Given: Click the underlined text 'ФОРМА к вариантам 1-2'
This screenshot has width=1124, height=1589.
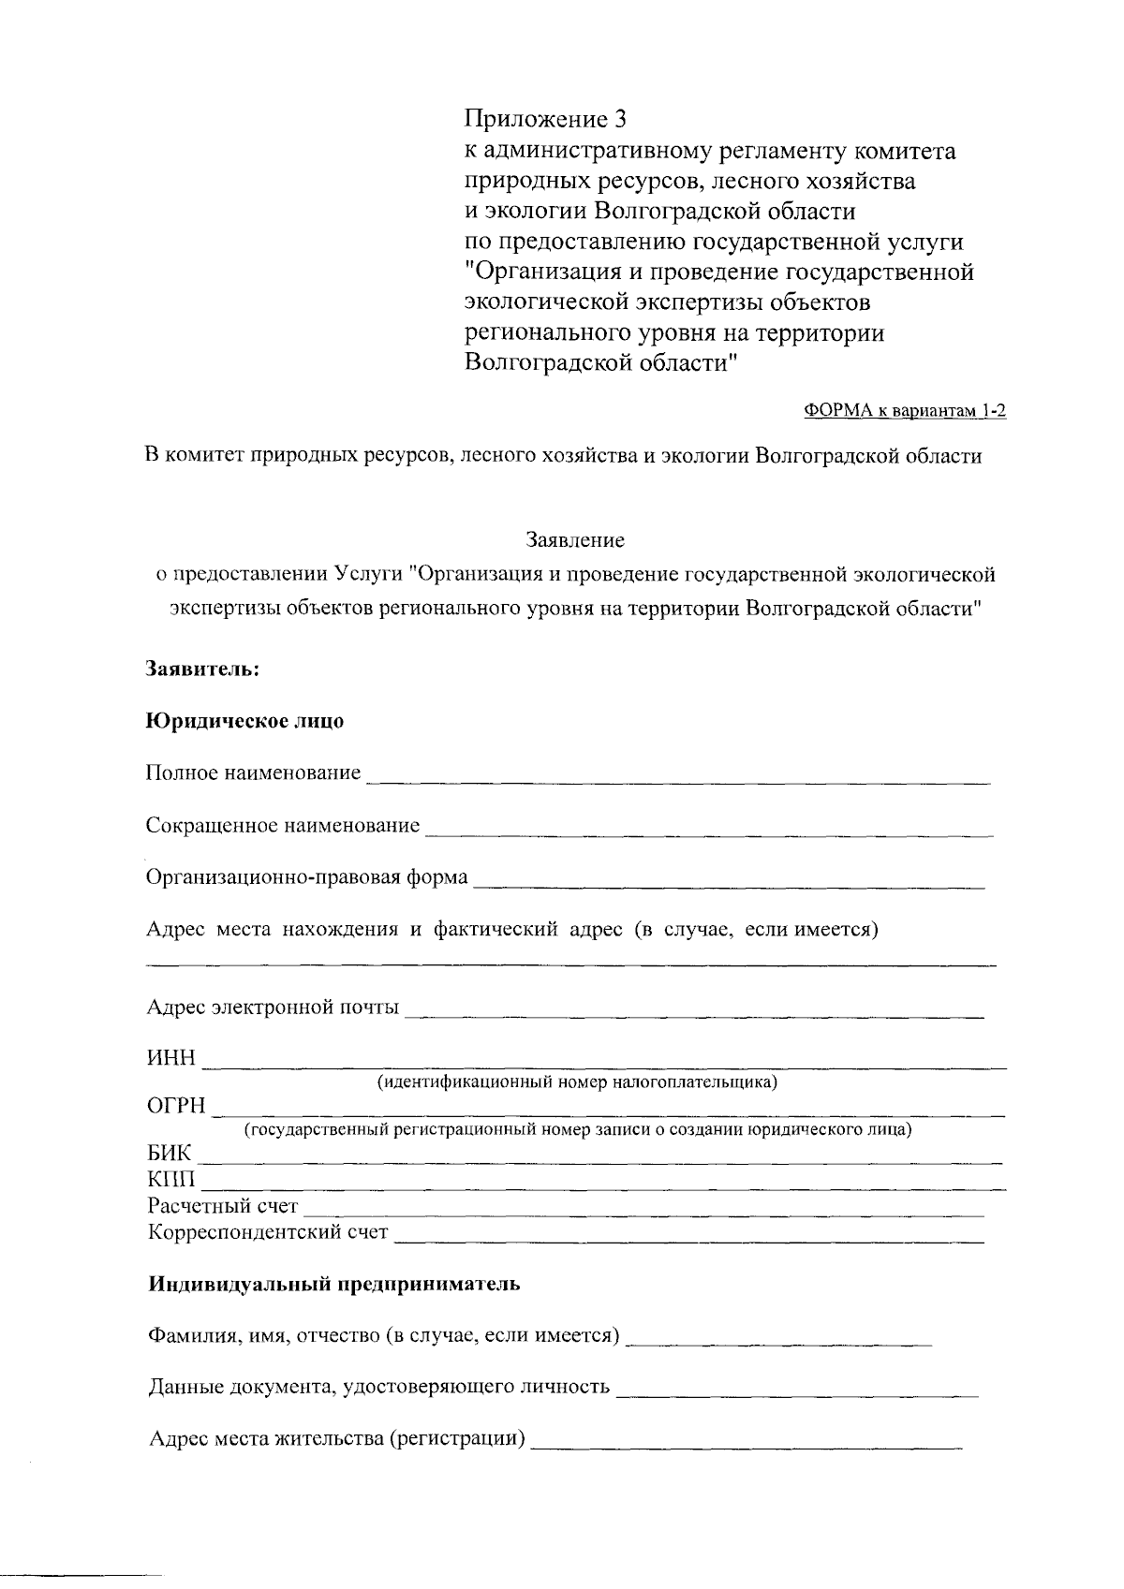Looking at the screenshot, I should tap(905, 411).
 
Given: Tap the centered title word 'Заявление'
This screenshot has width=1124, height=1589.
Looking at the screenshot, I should tap(574, 540).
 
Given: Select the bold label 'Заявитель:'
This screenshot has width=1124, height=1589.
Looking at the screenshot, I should tap(202, 669).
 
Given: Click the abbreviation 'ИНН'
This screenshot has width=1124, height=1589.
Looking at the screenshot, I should tap(171, 1059).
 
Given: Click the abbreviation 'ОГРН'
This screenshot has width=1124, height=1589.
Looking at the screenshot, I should tap(176, 1107).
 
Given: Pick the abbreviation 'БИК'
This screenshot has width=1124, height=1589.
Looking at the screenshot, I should tap(169, 1154).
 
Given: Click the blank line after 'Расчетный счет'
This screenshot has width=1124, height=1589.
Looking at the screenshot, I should tap(643, 1211).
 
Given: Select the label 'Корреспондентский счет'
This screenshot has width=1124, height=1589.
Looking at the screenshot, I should tap(268, 1232).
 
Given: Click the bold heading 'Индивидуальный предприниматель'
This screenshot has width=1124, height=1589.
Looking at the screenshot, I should tap(334, 1284).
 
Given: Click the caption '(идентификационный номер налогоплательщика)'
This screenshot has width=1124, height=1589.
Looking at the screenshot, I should tap(577, 1082).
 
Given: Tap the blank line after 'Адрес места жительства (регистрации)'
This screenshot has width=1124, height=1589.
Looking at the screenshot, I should tap(746, 1443).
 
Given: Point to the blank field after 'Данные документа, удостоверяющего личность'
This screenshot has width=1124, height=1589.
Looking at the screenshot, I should tap(796, 1390).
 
